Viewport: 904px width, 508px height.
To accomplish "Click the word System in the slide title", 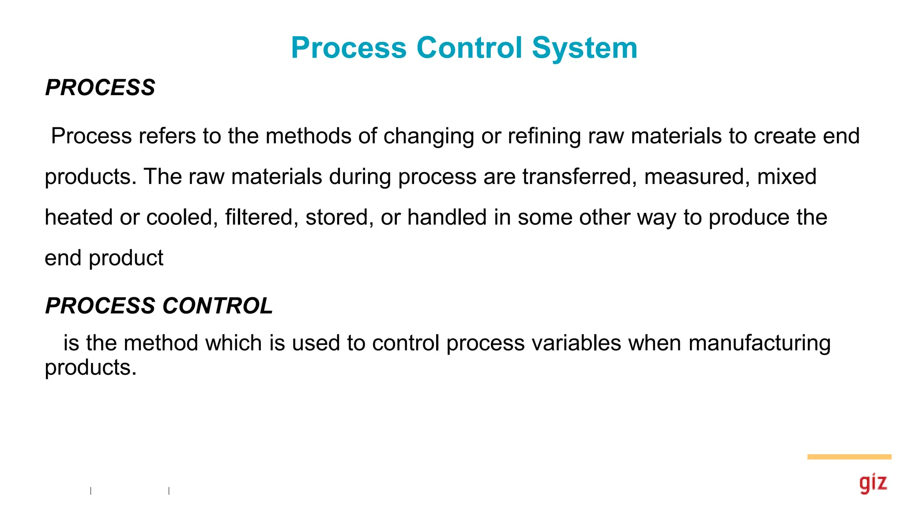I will [584, 48].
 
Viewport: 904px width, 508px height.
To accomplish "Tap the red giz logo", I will [873, 483].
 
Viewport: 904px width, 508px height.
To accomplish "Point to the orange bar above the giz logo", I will [849, 457].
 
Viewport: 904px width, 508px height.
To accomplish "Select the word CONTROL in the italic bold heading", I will [218, 306].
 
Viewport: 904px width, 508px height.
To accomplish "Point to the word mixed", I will [787, 176].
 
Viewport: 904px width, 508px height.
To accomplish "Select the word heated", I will [79, 217].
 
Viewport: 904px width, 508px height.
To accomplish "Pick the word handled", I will [447, 217].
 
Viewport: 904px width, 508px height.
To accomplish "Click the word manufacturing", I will [759, 343].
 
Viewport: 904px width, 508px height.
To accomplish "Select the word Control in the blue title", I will [469, 48].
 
